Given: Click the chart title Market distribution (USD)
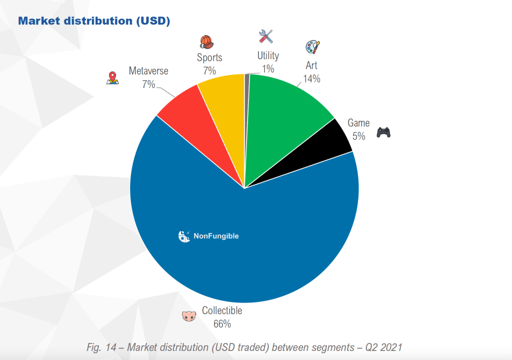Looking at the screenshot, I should click(94, 21).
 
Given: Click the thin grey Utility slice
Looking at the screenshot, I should click(246, 100).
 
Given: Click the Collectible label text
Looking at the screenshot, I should click(222, 310).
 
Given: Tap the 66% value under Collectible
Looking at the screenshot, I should click(222, 323).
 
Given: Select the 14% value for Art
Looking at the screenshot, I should click(311, 78).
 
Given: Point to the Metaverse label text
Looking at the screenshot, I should click(148, 71).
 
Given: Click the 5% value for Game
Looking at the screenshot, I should click(358, 135).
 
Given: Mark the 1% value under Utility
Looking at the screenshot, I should click(268, 68).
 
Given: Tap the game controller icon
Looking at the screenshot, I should click(383, 132).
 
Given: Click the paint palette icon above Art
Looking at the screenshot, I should click(312, 47).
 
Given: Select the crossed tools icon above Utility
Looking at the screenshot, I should click(266, 36).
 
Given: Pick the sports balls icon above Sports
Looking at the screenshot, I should click(206, 41).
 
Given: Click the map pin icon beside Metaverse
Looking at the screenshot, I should click(112, 78).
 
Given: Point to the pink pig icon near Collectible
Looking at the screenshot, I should click(188, 316).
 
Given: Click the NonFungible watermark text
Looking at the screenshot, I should click(216, 236).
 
